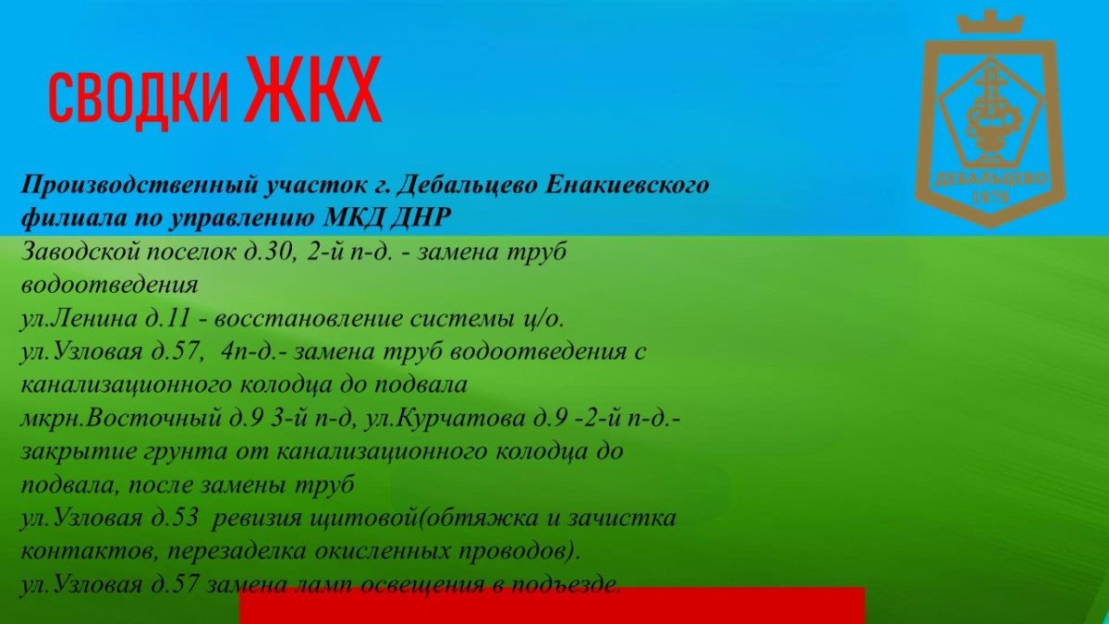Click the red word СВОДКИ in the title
click(139, 99)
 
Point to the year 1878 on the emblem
click(991, 198)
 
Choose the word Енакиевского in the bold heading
click(628, 185)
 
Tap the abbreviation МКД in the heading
click(352, 218)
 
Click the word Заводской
click(82, 252)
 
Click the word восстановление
click(308, 320)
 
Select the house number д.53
click(173, 519)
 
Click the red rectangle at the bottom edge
click(552, 606)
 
